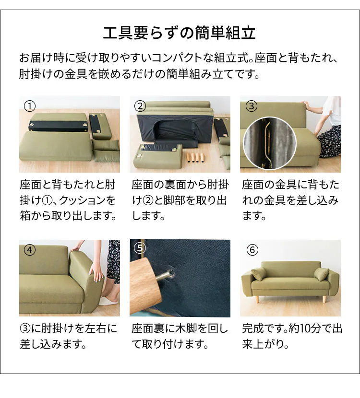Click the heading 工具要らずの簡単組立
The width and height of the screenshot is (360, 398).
(180, 34)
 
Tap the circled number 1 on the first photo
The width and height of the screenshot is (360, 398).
(30, 105)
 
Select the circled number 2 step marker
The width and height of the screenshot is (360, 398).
(140, 105)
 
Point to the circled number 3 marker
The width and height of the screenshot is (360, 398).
(251, 105)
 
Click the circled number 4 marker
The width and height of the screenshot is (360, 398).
(30, 250)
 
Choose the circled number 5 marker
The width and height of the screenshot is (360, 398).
(140, 248)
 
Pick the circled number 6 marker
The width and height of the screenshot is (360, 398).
(252, 250)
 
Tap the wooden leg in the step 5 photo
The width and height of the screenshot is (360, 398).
(146, 288)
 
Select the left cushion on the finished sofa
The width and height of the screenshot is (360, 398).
(259, 274)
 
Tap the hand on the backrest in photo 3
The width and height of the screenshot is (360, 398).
(303, 103)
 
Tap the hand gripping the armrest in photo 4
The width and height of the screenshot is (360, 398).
(98, 275)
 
